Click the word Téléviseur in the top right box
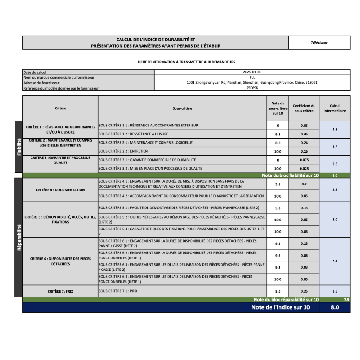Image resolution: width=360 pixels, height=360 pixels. click(x=319, y=43)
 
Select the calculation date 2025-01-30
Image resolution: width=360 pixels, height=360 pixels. click(x=252, y=72)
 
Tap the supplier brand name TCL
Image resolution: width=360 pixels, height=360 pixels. click(x=252, y=77)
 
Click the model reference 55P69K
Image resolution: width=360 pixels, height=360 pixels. click(x=252, y=88)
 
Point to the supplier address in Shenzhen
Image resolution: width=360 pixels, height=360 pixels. click(x=252, y=83)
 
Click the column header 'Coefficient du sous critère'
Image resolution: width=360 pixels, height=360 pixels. click(x=304, y=108)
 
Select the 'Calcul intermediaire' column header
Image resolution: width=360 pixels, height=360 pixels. click(x=334, y=108)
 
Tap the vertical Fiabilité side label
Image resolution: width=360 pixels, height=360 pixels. click(x=18, y=147)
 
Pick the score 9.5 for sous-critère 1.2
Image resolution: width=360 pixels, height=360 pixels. click(x=278, y=134)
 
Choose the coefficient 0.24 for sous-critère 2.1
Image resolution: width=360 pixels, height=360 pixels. click(x=304, y=143)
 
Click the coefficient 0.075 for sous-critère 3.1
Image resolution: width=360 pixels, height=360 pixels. click(x=304, y=160)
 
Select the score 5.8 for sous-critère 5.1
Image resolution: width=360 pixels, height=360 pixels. click(x=278, y=208)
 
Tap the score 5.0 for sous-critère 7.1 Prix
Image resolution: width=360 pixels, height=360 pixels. click(x=278, y=291)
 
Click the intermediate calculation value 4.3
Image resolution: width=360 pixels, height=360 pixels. click(x=334, y=130)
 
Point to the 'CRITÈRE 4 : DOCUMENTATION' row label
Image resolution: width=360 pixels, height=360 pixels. click(x=60, y=190)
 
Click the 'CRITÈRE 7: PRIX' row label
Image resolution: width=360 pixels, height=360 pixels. click(x=60, y=291)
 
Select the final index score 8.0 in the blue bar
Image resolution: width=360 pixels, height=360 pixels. click(x=334, y=308)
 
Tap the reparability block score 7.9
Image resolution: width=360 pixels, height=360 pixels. click(x=346, y=299)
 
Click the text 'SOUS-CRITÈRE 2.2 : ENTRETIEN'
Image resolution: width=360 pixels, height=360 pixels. click(x=123, y=151)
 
